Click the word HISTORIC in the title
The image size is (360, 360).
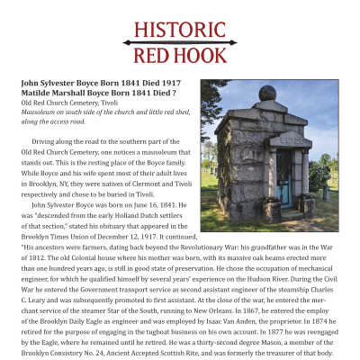click(x=181, y=29)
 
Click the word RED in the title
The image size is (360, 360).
click(x=154, y=58)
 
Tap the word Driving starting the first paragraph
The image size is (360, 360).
click(x=45, y=142)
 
